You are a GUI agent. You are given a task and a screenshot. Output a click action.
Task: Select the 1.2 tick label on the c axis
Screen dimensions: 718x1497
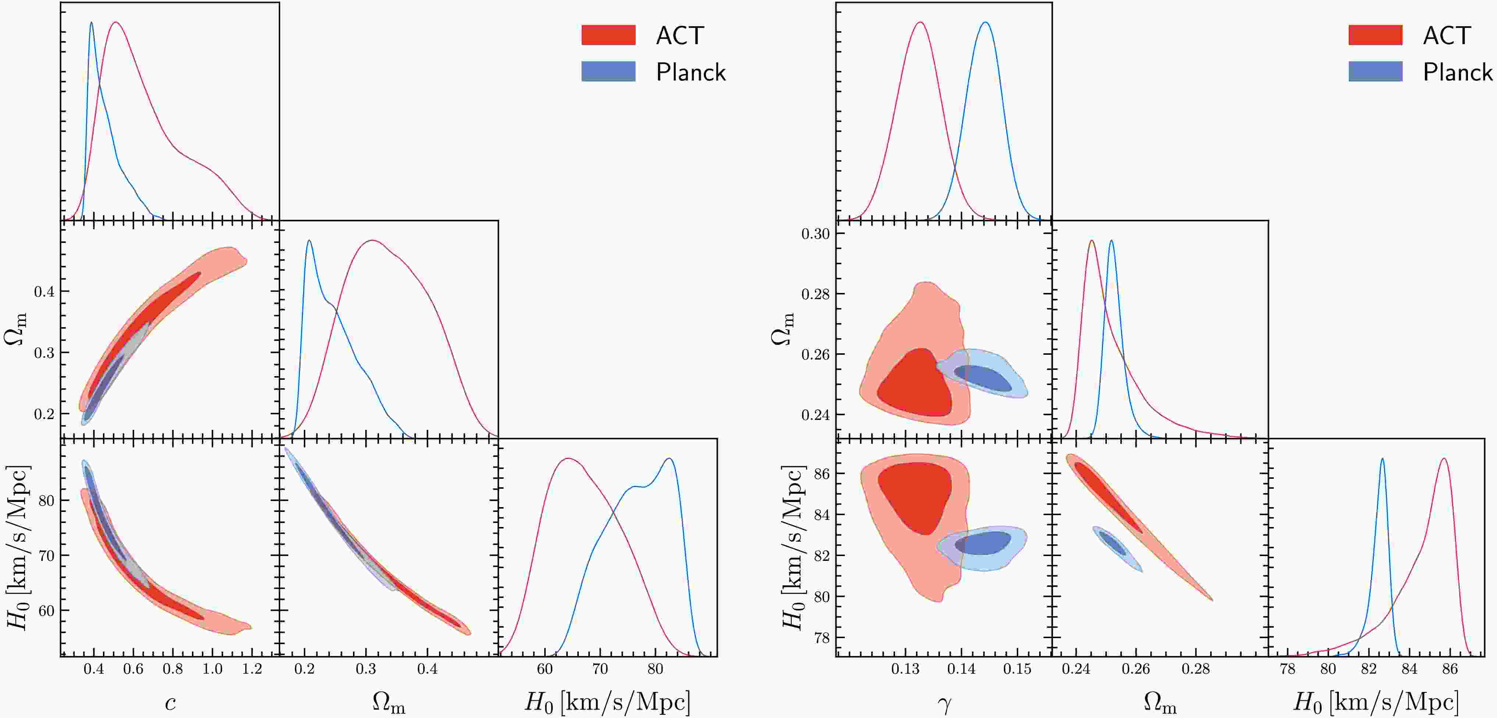pyautogui.click(x=252, y=669)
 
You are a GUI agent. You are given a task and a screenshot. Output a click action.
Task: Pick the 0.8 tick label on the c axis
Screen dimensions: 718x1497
pyautogui.click(x=172, y=669)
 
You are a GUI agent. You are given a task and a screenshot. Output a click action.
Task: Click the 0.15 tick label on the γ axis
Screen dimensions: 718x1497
pyautogui.click(x=1017, y=669)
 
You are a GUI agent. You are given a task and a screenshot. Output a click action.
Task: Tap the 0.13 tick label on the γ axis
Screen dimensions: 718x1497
pyautogui.click(x=905, y=669)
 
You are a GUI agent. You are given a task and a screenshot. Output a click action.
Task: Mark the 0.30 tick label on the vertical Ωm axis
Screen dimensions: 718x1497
pyautogui.click(x=815, y=234)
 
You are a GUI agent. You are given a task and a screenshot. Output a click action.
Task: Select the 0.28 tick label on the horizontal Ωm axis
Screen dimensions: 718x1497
pyautogui.click(x=1195, y=669)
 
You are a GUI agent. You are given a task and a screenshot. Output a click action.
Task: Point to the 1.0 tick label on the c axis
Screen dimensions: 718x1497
pyautogui.click(x=212, y=669)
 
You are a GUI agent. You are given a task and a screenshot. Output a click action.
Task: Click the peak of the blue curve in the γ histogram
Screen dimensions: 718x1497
pyautogui.click(x=985, y=23)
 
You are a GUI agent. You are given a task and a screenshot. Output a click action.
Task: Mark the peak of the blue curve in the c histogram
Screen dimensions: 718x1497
pyautogui.click(x=91, y=23)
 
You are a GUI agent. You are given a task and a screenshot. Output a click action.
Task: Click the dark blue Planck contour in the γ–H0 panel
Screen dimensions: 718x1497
pyautogui.click(x=982, y=543)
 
